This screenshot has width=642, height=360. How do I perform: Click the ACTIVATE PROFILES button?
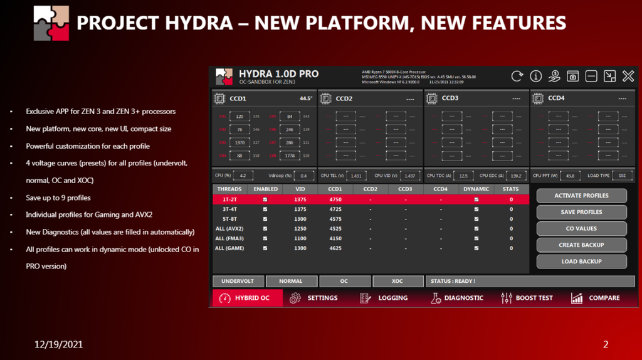[x=581, y=196]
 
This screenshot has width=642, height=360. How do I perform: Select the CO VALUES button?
[x=581, y=228]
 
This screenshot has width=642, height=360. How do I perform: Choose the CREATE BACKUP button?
[x=581, y=245]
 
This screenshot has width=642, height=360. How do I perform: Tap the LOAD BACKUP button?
[x=581, y=262]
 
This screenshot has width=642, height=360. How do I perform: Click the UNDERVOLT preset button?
[x=238, y=281]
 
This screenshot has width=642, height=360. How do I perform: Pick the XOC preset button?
[x=397, y=281]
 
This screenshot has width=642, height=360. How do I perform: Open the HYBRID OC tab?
[x=247, y=298]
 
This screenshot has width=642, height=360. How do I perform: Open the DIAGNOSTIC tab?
[x=457, y=298]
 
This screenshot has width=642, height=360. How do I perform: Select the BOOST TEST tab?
[x=527, y=298]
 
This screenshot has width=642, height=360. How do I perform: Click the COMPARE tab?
[x=595, y=298]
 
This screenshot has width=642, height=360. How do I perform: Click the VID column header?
[x=300, y=189]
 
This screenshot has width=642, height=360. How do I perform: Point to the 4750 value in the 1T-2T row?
[x=335, y=199]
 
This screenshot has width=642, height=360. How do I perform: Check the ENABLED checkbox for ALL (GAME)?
[x=265, y=248]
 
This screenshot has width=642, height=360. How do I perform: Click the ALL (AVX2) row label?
[x=229, y=229]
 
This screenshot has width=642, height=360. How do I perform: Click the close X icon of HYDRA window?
[x=628, y=76]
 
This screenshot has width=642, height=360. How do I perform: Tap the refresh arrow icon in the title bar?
[x=517, y=76]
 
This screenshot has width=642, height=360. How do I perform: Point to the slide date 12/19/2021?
[x=58, y=344]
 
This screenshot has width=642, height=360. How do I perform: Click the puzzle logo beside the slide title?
[x=51, y=23]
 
